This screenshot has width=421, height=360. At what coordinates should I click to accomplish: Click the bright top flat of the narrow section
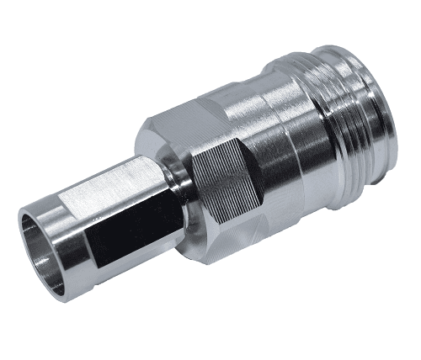click(x=118, y=182)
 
